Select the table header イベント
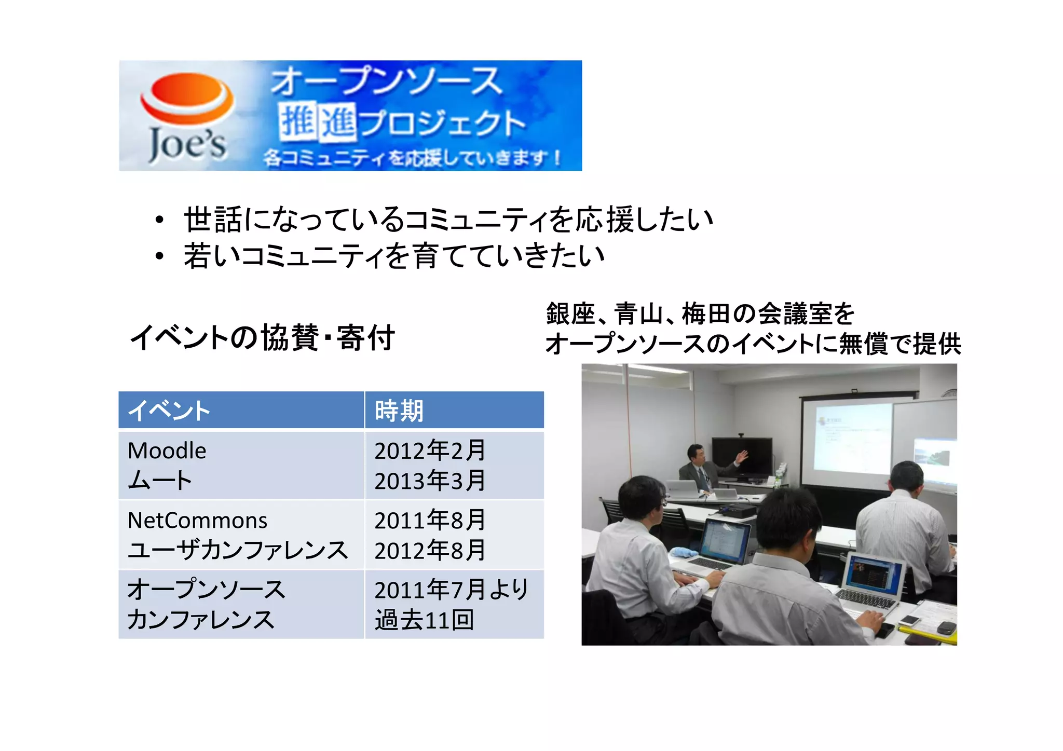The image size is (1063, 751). pos(169,411)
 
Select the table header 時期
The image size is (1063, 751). pos(399,411)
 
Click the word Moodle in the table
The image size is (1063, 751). pos(167,450)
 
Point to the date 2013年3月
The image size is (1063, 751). pos(430,481)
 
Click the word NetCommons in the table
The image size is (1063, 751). pos(197,520)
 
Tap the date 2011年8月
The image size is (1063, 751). pos(430,520)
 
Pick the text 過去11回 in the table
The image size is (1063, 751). pos(424,620)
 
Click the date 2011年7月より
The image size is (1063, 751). pos(451,590)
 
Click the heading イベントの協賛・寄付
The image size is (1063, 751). pos(262,337)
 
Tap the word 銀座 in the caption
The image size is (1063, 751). pos(570,313)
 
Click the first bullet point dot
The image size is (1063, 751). pos(159,220)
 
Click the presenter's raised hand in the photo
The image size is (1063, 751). pos(742,456)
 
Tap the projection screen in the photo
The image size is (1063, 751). pos(851,436)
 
